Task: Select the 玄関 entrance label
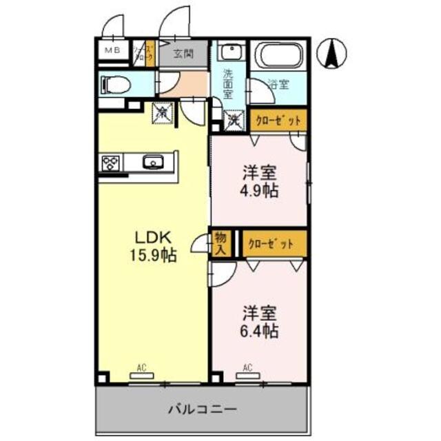pyautogui.click(x=183, y=52)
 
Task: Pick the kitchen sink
pyautogui.click(x=152, y=163)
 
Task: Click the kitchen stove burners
pyautogui.click(x=110, y=163)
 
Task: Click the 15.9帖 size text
pyautogui.click(x=154, y=256)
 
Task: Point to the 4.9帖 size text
pyautogui.click(x=259, y=190)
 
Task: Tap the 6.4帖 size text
pyautogui.click(x=259, y=331)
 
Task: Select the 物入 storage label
pyautogui.click(x=220, y=244)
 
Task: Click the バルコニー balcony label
pyautogui.click(x=203, y=409)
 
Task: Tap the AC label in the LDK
pyautogui.click(x=141, y=367)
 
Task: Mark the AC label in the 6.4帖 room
pyautogui.click(x=246, y=367)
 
